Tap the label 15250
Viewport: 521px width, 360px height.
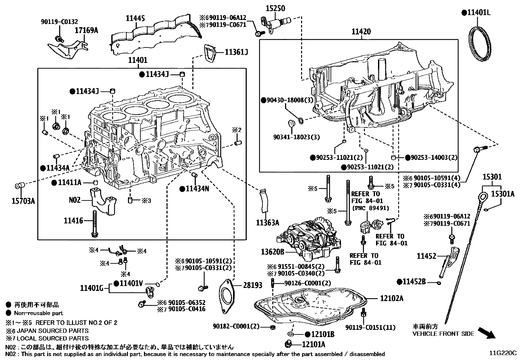pos(275,8)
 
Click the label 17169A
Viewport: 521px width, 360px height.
pos(86,30)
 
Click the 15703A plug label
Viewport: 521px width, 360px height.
pos(24,201)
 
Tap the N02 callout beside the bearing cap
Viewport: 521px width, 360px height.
pos(75,199)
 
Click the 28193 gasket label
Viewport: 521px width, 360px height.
pos(252,285)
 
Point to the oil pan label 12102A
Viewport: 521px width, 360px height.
pos(391,298)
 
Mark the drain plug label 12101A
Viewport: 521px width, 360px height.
pos(314,344)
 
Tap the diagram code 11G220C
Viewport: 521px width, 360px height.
pos(503,353)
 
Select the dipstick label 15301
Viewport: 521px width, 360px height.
pos(492,177)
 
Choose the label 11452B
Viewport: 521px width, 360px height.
pos(414,282)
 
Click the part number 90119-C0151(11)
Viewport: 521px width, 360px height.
pos(370,327)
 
